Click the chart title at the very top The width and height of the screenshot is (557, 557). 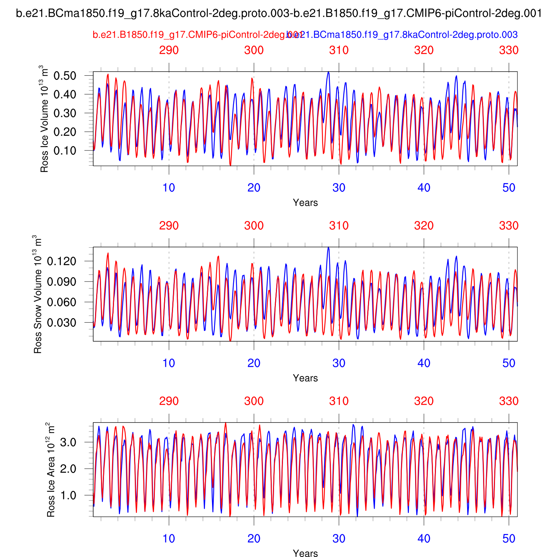pyautogui.click(x=279, y=14)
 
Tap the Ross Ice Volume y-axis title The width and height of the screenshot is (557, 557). pyautogui.click(x=44, y=119)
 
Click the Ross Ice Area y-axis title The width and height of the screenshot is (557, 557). pyautogui.click(x=51, y=470)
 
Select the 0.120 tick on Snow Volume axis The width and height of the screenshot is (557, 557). pyautogui.click(x=62, y=261)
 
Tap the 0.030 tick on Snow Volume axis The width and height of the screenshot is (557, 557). pyautogui.click(x=62, y=323)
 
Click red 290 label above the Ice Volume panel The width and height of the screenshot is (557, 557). pyautogui.click(x=169, y=50)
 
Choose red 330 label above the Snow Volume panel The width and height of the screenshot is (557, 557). pyautogui.click(x=509, y=226)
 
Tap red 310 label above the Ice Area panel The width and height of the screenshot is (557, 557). pyautogui.click(x=339, y=401)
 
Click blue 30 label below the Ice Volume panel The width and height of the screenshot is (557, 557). pyautogui.click(x=339, y=188)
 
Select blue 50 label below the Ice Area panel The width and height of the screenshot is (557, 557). pyautogui.click(x=509, y=539)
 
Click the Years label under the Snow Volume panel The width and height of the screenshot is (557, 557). pyautogui.click(x=305, y=378)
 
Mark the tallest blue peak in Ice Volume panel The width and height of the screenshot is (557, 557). pyautogui.click(x=328, y=72)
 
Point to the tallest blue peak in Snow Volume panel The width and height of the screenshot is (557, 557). pyautogui.click(x=328, y=248)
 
